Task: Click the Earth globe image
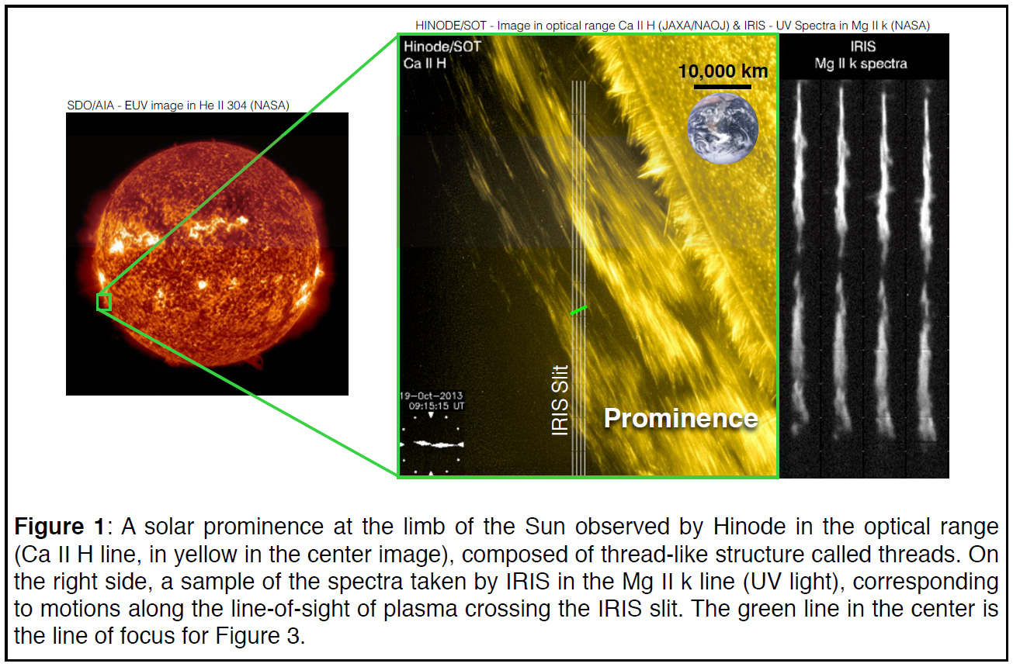pyautogui.click(x=723, y=128)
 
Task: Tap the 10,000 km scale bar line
pyautogui.click(x=722, y=86)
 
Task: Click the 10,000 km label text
pyautogui.click(x=723, y=71)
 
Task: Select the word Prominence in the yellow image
pyautogui.click(x=681, y=418)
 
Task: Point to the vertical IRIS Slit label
pyautogui.click(x=560, y=400)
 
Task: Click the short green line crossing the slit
pyautogui.click(x=579, y=310)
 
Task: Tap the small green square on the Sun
pyautogui.click(x=104, y=302)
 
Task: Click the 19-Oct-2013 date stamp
pyautogui.click(x=431, y=396)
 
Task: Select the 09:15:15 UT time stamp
pyautogui.click(x=436, y=406)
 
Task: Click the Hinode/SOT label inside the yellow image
pyautogui.click(x=442, y=47)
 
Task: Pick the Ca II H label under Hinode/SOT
pyautogui.click(x=425, y=64)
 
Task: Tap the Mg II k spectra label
pyautogui.click(x=861, y=64)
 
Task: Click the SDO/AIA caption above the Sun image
pyautogui.click(x=179, y=105)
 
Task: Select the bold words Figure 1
pyautogui.click(x=59, y=527)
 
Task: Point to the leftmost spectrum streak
pyautogui.click(x=800, y=257)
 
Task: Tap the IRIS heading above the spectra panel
pyautogui.click(x=863, y=47)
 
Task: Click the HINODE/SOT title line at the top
pyautogui.click(x=672, y=26)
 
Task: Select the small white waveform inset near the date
pyautogui.click(x=439, y=444)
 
